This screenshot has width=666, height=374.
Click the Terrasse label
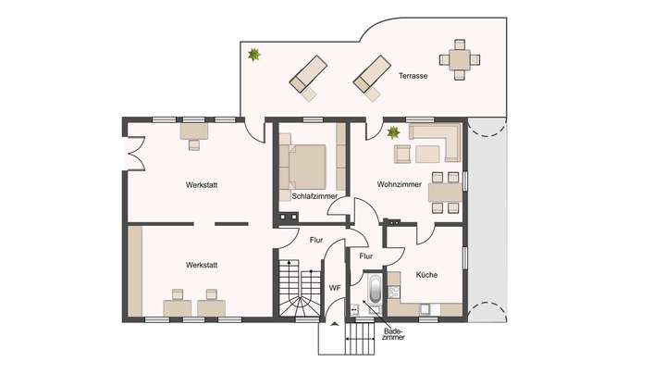pos(413,76)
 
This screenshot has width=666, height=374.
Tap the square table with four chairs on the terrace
pos(460,59)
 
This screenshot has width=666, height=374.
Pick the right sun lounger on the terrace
pos(372,75)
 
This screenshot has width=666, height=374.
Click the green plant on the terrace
pos(253,56)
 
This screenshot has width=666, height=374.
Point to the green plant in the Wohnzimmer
pos(394,132)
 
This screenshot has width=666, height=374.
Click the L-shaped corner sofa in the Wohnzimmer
pos(435,141)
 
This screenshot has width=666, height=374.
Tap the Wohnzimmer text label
pos(400,184)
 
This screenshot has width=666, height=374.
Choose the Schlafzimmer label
pos(314,196)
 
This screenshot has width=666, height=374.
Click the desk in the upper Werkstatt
pos(194,134)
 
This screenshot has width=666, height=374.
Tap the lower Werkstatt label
pos(202,265)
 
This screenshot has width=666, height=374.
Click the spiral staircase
pos(296,292)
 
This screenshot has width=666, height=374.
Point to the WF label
pos(335,289)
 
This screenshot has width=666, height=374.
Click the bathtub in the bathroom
pos(374,290)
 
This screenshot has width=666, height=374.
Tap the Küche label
pos(426,275)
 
